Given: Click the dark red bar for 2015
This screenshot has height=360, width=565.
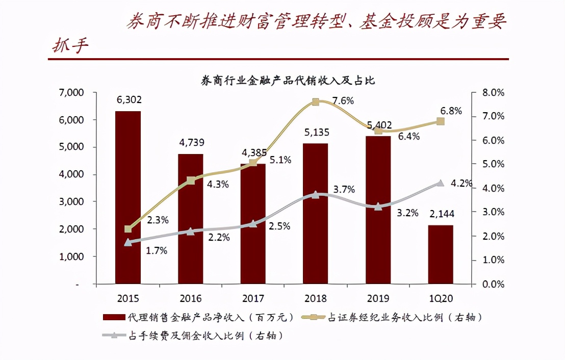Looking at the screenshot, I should click(127, 197).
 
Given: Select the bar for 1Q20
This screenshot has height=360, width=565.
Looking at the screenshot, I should click(440, 254).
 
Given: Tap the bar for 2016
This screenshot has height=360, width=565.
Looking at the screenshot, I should click(190, 218).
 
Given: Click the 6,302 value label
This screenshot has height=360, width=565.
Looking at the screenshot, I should click(129, 100).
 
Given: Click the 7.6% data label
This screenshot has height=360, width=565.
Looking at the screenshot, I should click(343, 100).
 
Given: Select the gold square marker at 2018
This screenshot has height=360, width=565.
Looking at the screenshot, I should click(315, 102).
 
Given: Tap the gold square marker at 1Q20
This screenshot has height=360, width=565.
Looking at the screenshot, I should click(441, 121).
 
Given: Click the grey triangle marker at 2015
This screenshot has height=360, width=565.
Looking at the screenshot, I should click(128, 243).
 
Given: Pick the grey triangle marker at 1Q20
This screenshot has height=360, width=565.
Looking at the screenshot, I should click(441, 183).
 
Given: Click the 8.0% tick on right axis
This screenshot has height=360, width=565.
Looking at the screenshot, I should click(493, 93).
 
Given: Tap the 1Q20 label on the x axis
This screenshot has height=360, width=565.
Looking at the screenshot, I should click(440, 298).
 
